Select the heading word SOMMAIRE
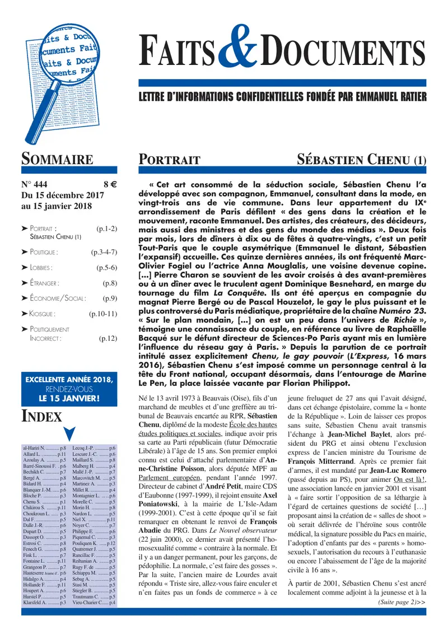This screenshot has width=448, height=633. click(x=57, y=160)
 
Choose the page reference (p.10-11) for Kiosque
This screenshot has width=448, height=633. click(x=102, y=313)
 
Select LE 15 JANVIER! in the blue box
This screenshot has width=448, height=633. click(x=69, y=398)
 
